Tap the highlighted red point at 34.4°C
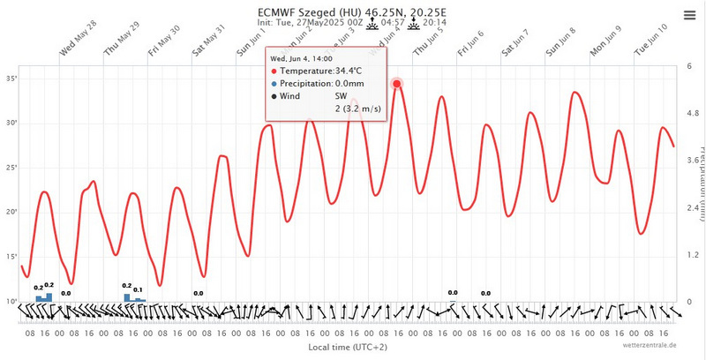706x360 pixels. coord(397,84)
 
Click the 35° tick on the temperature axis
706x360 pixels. coord(12,79)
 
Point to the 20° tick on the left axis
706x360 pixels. coord(12,212)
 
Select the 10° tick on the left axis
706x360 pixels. coord(12,302)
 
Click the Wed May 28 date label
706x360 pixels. coord(78,41)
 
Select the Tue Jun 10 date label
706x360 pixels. coord(651,41)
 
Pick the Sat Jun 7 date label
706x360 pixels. coord(516,41)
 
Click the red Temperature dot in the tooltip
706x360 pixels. coord(274,70)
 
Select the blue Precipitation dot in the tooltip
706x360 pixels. coord(274,83)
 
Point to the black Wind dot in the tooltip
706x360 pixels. coord(274,95)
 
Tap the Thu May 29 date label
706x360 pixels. coord(122,41)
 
